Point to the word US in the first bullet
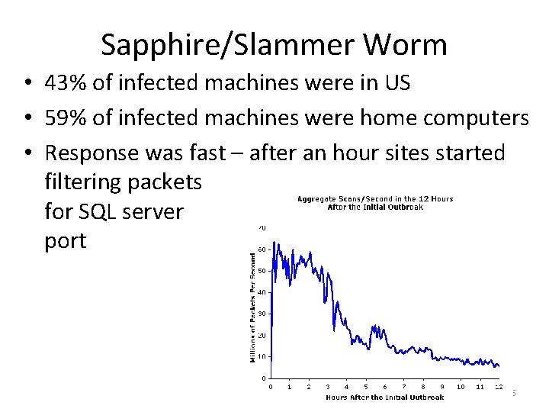coord(397,83)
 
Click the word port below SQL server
coord(66,241)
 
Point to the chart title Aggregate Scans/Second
coord(374,199)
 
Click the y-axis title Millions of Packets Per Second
coord(254,307)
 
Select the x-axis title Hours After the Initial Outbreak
coord(384,398)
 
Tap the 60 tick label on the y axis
coord(262,249)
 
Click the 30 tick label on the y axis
coord(262,314)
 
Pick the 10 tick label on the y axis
coord(262,356)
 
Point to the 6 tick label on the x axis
coord(385,387)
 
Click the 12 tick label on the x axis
coord(499,387)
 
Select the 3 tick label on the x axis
coord(328,387)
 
